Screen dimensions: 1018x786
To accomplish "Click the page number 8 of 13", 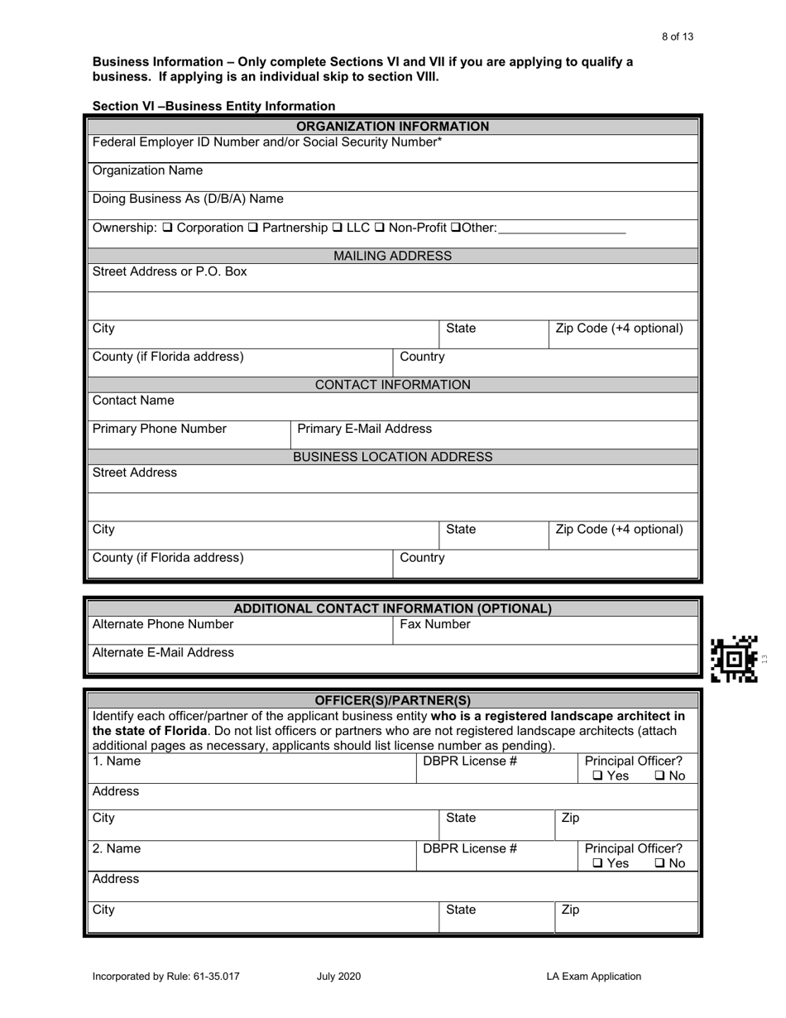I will pos(678,36).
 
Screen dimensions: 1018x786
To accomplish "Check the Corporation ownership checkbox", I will pos(168,228).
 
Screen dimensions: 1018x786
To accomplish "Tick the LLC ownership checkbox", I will pos(338,228).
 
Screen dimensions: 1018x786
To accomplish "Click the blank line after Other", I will pos(562,229).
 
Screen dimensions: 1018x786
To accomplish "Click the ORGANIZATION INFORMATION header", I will pos(392,127).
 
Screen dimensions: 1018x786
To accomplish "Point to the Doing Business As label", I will pos(188,199).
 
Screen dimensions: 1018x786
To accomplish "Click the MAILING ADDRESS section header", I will pos(392,256).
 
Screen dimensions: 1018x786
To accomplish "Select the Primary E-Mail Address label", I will pos(364,429).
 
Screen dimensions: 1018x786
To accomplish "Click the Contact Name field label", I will pos(133,401).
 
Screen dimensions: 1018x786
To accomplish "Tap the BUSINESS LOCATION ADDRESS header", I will pos(392,457).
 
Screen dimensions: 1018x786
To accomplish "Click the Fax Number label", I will pos(435,624).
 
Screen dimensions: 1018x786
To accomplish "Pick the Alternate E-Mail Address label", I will pos(163,652).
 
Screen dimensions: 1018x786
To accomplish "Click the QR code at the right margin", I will pos(735,659).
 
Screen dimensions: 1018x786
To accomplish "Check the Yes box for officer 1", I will pos(597,776).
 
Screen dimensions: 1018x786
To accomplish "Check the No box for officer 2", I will pos(659,864).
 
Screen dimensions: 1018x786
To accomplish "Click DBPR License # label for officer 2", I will pos(470,848).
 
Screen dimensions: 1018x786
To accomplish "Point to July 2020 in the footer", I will pos(338,977).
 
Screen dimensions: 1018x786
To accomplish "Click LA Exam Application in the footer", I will pos(593,977).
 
